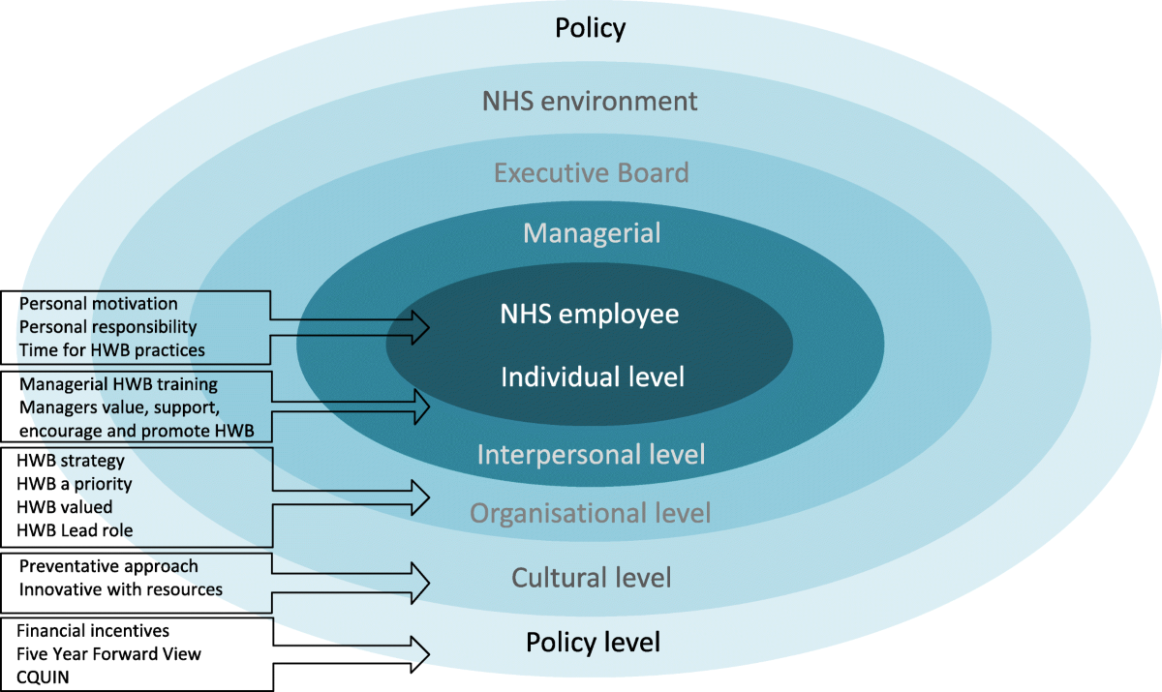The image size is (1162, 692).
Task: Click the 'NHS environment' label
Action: tap(589, 101)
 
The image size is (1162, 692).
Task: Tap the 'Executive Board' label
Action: tap(591, 173)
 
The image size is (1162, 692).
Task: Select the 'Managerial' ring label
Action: tap(592, 233)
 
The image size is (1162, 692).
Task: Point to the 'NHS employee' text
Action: tap(590, 315)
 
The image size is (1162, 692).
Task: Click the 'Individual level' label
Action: tap(592, 376)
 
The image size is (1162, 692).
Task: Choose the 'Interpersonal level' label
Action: tap(592, 453)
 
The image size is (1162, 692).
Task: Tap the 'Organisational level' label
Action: tap(591, 512)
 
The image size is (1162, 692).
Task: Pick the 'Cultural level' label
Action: tap(591, 579)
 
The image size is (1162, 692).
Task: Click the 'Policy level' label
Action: tap(593, 642)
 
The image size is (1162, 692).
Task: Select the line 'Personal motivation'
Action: tap(98, 304)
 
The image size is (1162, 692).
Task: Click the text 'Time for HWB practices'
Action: tap(111, 348)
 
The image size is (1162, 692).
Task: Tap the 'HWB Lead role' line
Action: tap(75, 529)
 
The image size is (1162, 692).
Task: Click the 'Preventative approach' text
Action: tap(108, 566)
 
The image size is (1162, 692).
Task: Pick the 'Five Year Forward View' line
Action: tap(108, 654)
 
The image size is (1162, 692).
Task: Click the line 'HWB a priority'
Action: tap(75, 483)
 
